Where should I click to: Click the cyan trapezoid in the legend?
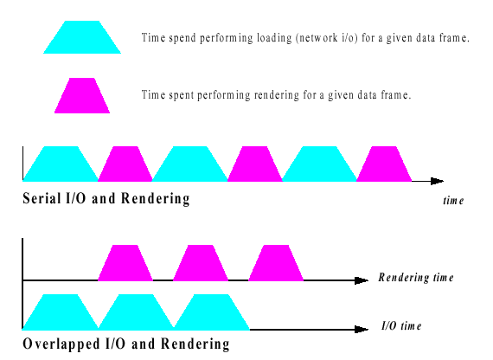pyautogui.click(x=82, y=37)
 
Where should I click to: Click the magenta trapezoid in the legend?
pyautogui.click(x=82, y=96)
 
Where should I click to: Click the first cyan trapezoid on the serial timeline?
pyautogui.click(x=61, y=164)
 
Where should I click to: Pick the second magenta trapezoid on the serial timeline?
pyautogui.click(x=255, y=164)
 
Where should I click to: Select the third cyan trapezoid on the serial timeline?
pyautogui.click(x=319, y=164)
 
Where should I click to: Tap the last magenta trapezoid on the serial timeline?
pyautogui.click(x=384, y=164)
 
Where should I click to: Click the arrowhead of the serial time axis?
pyautogui.click(x=438, y=181)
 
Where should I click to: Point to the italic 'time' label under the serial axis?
pyautogui.click(x=453, y=201)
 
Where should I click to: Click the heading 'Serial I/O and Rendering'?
pyautogui.click(x=106, y=198)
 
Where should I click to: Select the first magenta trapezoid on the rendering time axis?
pyautogui.click(x=125, y=263)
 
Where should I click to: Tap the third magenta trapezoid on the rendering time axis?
pyautogui.click(x=276, y=263)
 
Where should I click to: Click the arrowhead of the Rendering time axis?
pyautogui.click(x=362, y=280)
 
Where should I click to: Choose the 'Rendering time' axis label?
pyautogui.click(x=416, y=277)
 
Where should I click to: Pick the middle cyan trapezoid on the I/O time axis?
pyautogui.click(x=136, y=312)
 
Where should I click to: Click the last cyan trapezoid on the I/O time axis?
pyautogui.click(x=212, y=312)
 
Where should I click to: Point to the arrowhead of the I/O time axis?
pyautogui.click(x=362, y=330)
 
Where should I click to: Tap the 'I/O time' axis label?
pyautogui.click(x=401, y=325)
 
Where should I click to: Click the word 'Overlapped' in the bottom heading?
pyautogui.click(x=61, y=344)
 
